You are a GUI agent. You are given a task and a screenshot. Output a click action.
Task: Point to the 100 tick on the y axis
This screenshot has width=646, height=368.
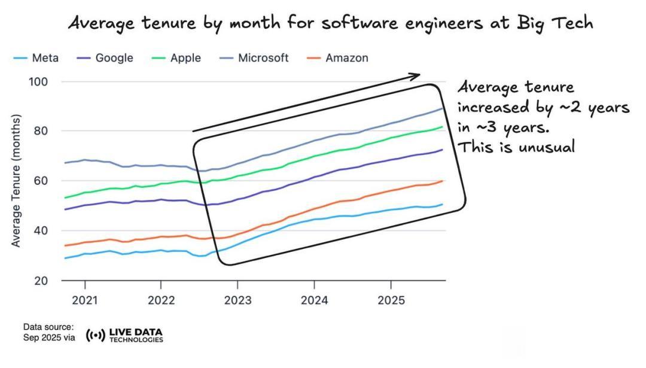[39, 81]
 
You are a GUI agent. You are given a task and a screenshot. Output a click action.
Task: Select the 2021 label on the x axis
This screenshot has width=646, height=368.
[84, 300]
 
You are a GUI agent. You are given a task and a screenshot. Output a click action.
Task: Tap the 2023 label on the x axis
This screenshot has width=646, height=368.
[237, 300]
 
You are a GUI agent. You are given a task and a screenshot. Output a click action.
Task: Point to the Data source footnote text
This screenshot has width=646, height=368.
[48, 331]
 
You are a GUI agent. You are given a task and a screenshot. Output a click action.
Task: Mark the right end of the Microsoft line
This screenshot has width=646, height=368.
[443, 108]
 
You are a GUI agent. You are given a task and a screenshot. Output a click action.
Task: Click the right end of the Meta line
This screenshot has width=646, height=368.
[443, 205]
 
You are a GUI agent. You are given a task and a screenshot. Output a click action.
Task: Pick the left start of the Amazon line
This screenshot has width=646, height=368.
[65, 245]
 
